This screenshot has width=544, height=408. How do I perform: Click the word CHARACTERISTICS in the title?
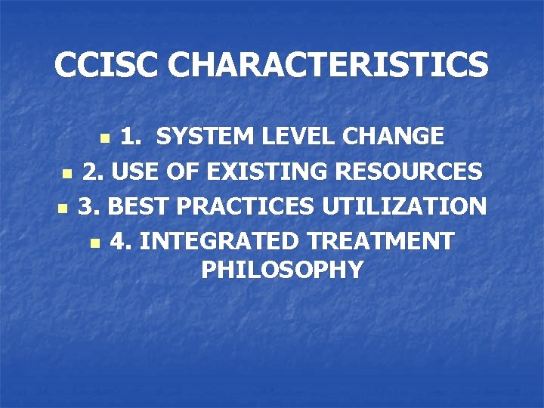328,65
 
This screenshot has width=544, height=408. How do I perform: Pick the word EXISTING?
268,172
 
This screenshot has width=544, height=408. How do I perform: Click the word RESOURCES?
409,172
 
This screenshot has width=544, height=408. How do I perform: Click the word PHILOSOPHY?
283,269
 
